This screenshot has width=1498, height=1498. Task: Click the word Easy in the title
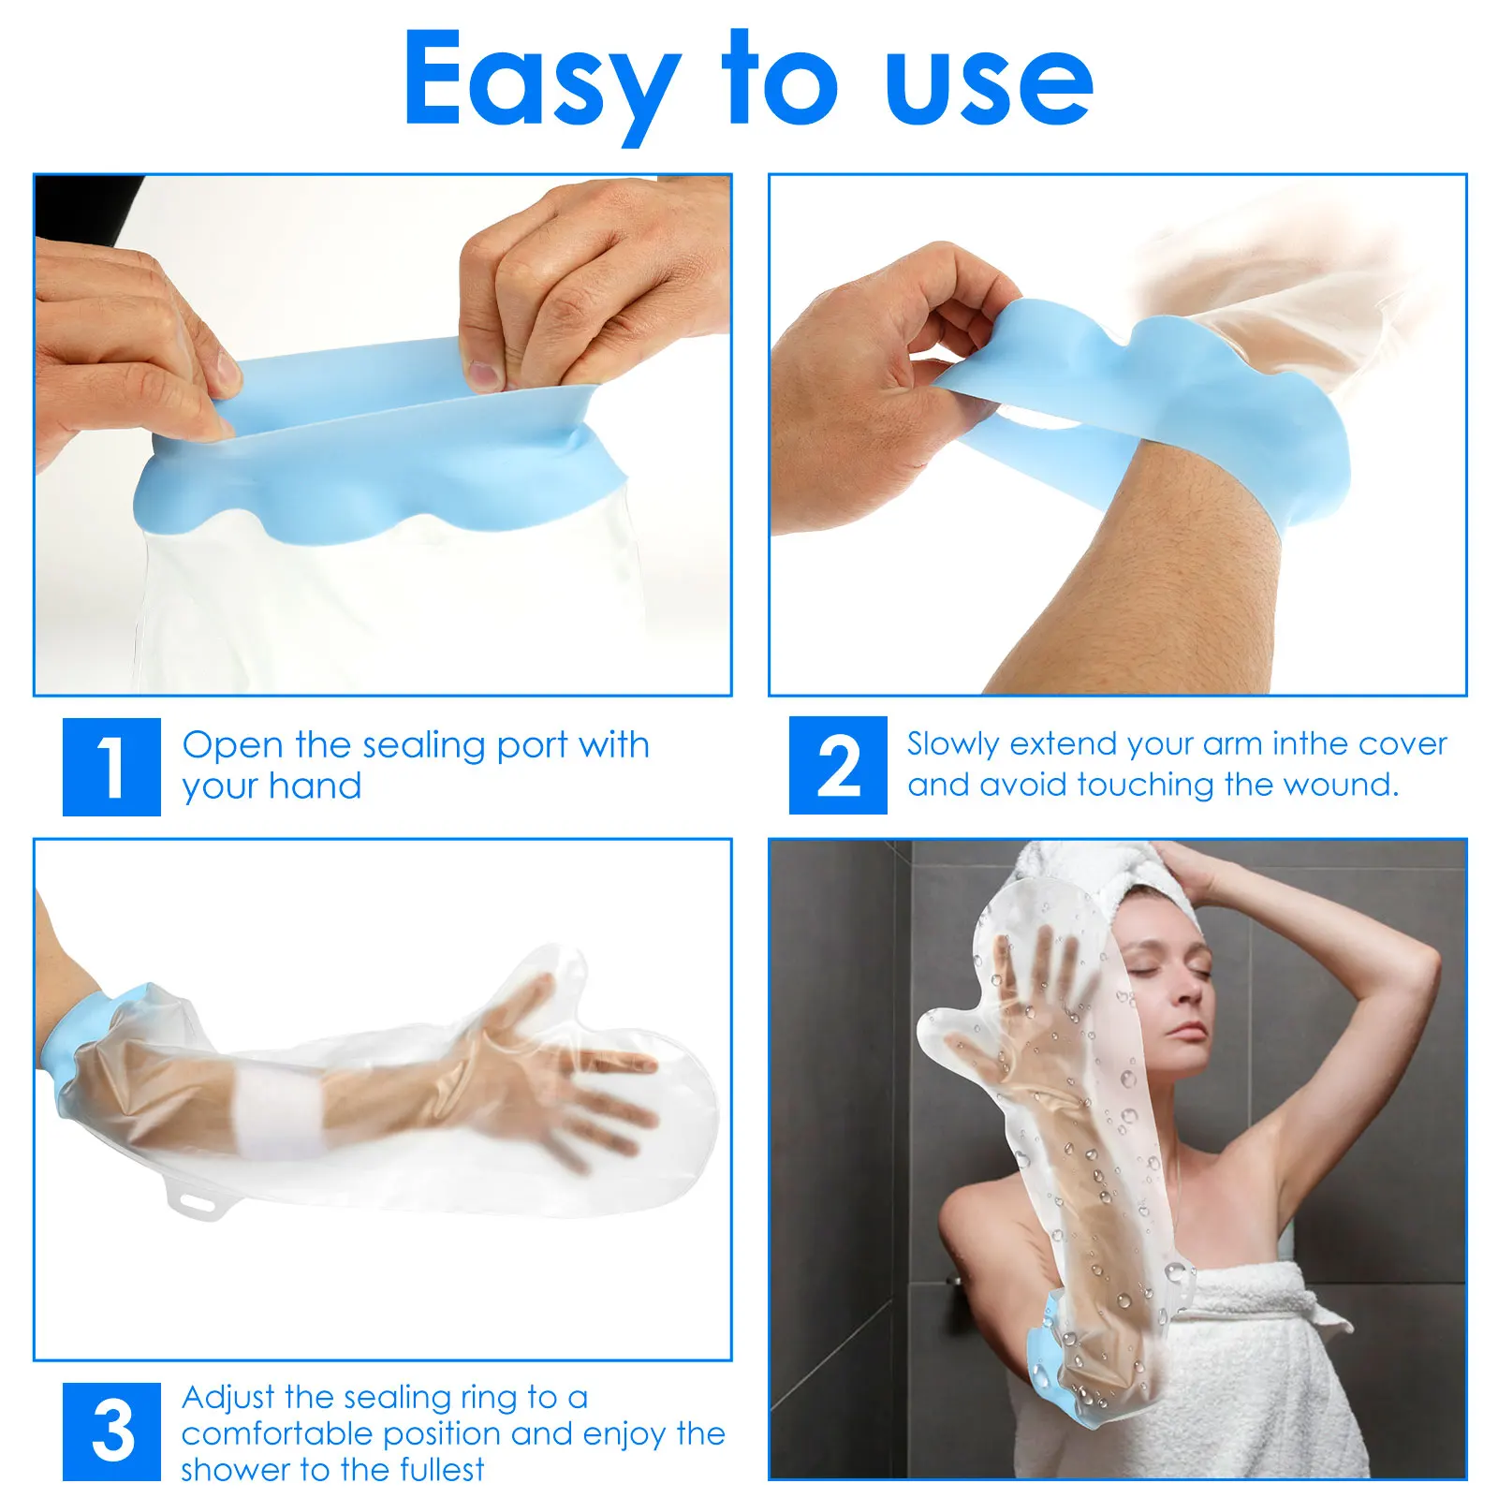click(x=540, y=82)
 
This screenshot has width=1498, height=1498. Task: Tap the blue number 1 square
click(x=111, y=767)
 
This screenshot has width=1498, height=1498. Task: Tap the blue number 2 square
click(x=837, y=765)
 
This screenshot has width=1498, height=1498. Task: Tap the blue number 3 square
click(x=111, y=1432)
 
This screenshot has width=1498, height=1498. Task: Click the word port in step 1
click(x=532, y=746)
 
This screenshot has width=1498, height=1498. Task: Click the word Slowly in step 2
click(x=953, y=744)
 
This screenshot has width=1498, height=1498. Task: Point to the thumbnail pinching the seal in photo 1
click(x=484, y=374)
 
